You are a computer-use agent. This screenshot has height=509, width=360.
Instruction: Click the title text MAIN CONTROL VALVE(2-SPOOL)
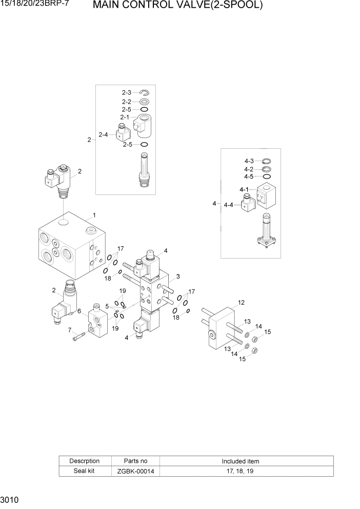coord(178,6)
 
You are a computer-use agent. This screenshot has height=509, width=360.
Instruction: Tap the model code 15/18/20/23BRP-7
coord(35,5)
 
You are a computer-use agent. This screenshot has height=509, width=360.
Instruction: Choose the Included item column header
coord(240,461)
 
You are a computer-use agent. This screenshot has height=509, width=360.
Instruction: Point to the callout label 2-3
coord(126,92)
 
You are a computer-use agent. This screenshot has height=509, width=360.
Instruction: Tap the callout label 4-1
coord(244,190)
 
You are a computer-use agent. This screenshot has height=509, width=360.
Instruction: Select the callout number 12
coord(241,302)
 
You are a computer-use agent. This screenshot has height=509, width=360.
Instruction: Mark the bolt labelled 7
coord(77,337)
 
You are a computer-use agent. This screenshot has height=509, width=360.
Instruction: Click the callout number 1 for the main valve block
coord(94,214)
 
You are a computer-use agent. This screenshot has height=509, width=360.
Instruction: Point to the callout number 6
coord(79,311)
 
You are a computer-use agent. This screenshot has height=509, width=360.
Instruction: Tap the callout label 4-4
coord(229,205)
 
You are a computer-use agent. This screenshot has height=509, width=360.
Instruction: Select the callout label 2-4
coord(103,135)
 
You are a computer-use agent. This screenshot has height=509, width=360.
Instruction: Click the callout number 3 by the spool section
coord(177,277)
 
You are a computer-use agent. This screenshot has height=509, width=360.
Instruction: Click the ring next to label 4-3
coord(266,161)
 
